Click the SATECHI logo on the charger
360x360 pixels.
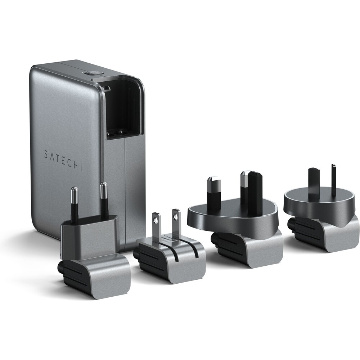[x=63, y=160]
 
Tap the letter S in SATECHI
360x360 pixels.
[x=46, y=154]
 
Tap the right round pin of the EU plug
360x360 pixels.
[x=104, y=199]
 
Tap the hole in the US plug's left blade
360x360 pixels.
[x=156, y=220]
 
